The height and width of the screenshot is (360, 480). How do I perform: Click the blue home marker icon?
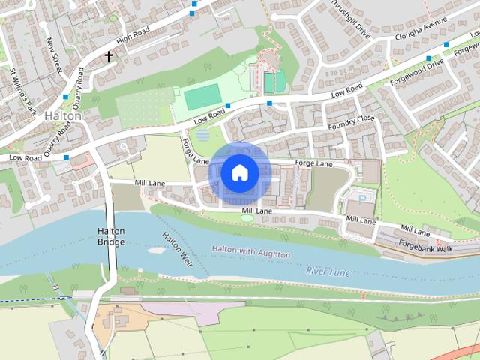240,173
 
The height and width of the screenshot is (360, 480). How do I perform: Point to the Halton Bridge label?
111,236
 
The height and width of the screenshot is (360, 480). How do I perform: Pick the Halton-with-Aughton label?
250,251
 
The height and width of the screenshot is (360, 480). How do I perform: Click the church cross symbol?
108,57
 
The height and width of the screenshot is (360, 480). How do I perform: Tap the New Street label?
53,55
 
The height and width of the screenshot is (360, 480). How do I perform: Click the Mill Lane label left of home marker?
150,183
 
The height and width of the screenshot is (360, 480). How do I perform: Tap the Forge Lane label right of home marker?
313,163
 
